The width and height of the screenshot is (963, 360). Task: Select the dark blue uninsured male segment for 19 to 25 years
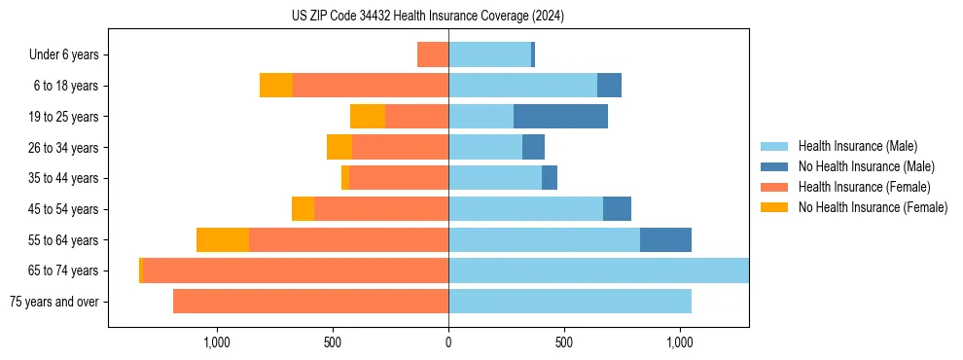click(560, 117)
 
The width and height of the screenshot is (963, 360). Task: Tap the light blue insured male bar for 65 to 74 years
click(598, 270)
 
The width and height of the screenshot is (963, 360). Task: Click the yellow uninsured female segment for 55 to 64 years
click(223, 240)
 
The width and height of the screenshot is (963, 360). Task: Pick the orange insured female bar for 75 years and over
click(310, 302)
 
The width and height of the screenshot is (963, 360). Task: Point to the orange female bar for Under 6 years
click(433, 55)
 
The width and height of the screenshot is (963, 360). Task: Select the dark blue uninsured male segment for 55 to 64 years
click(665, 240)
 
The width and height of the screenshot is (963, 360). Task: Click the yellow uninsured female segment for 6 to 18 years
click(276, 86)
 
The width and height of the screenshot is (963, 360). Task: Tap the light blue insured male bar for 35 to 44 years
click(495, 178)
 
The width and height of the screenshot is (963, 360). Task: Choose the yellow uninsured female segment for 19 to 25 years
click(368, 117)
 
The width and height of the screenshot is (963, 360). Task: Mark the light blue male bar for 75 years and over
click(570, 302)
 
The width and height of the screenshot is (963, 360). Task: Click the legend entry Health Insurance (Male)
click(857, 146)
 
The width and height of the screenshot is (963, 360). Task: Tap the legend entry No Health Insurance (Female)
click(873, 207)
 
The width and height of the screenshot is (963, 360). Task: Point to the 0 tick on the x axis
click(448, 342)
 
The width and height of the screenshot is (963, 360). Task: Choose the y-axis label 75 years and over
click(54, 302)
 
